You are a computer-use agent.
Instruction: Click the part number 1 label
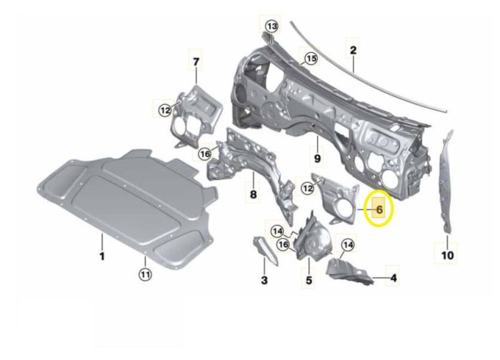pos(102,256)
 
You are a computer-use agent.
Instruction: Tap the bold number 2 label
pos(353,51)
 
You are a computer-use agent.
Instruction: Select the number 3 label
pos(264,280)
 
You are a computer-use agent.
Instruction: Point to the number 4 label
pos(394,278)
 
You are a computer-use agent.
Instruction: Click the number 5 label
pos(309,280)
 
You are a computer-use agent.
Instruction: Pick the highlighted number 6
pos(379,209)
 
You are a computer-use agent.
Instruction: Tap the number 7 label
pos(196,61)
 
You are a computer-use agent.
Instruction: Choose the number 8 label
pos(253,194)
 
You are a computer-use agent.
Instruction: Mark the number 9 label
pos(317,158)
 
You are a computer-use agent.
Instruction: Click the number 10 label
pos(447,255)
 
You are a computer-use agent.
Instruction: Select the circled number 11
pos(145,274)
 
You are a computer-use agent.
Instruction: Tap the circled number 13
pos(272,26)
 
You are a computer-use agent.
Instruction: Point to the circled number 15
pos(311,59)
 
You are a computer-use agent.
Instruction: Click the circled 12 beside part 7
pos(165,111)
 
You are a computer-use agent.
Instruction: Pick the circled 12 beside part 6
pos(308,188)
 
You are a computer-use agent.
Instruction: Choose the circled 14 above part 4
pos(348,245)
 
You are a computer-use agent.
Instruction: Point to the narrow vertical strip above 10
pos(446,181)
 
